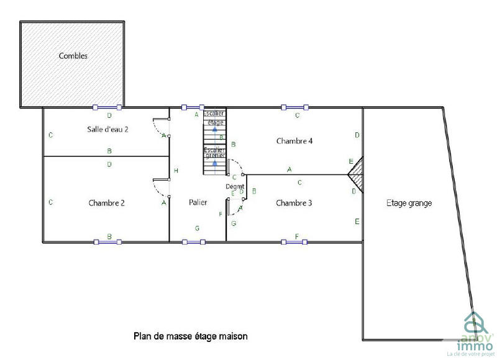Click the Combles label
73,56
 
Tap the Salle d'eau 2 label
107,129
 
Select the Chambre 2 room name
107,203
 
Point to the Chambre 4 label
294,141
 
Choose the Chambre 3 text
294,203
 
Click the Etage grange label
409,203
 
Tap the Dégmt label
235,186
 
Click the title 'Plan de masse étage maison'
191,336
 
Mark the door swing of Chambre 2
160,189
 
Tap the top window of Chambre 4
294,107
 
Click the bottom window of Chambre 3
294,241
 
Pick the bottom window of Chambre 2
107,241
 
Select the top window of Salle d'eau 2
107,107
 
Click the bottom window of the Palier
194,241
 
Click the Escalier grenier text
214,153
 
